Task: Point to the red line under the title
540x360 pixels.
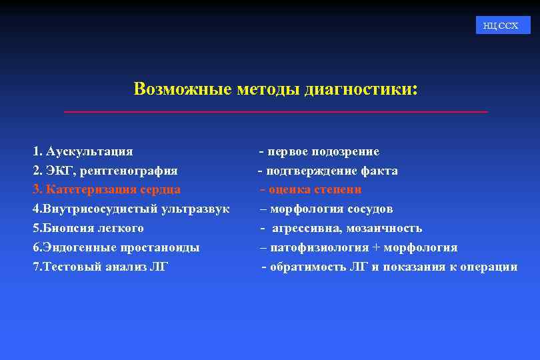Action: click(x=275, y=111)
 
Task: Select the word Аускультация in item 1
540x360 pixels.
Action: click(x=89, y=152)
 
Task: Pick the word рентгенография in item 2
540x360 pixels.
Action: click(x=130, y=171)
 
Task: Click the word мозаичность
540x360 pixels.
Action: click(x=383, y=229)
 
